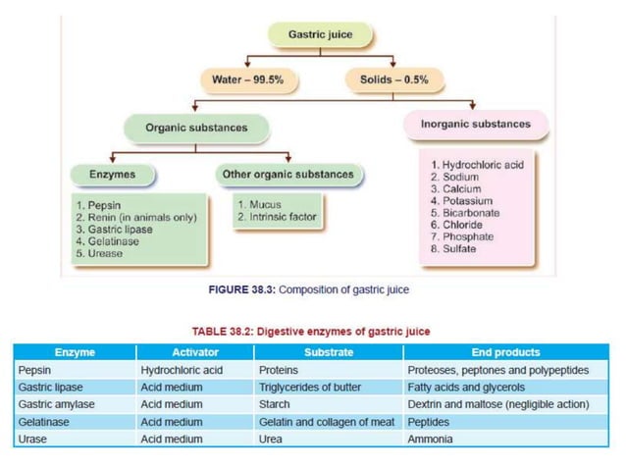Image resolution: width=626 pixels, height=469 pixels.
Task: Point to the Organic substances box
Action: click(196, 128)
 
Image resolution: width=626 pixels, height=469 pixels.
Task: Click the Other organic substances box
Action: click(287, 175)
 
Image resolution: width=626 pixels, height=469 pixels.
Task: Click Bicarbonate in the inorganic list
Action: click(475, 212)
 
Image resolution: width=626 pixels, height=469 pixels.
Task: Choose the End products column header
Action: click(505, 352)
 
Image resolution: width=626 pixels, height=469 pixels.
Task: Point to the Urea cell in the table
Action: click(270, 439)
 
